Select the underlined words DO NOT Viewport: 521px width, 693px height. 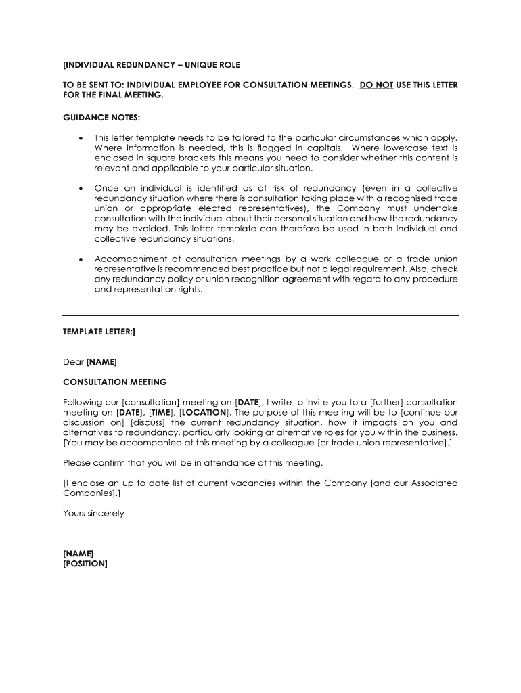[376, 85]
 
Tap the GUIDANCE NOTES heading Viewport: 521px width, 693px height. [101, 118]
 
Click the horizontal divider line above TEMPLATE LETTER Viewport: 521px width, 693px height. [260, 315]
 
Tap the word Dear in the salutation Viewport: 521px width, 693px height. [73, 362]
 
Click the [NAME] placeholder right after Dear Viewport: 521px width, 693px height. [101, 362]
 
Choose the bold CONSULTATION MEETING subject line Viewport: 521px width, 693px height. [114, 382]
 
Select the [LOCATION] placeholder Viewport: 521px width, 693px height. [205, 412]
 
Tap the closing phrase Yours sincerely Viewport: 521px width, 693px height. [93, 513]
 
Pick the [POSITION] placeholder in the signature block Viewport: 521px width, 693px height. [85, 564]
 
